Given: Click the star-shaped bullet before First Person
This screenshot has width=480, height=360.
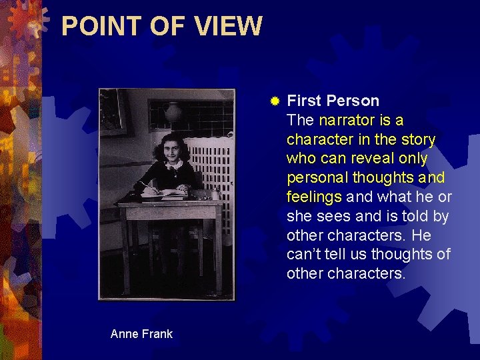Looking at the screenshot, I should (274, 101).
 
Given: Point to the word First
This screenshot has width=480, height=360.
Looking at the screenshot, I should (304, 101).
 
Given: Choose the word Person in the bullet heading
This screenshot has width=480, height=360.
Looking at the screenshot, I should (353, 101).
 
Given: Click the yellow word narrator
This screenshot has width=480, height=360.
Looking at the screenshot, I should (346, 121).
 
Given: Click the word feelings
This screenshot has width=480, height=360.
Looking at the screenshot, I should (314, 197).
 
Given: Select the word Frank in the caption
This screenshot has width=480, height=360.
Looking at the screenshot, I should (157, 334).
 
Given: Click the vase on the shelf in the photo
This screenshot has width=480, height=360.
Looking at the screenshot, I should (173, 111).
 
